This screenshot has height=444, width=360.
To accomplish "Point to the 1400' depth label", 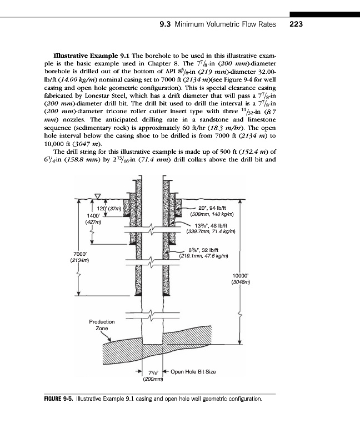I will click(x=93, y=215).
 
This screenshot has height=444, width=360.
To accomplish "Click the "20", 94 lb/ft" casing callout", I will click(x=206, y=208).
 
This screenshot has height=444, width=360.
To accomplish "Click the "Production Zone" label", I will click(x=102, y=325).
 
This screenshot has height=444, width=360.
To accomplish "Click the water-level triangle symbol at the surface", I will click(x=98, y=195).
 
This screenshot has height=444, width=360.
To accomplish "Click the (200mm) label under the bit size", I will click(x=153, y=380).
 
